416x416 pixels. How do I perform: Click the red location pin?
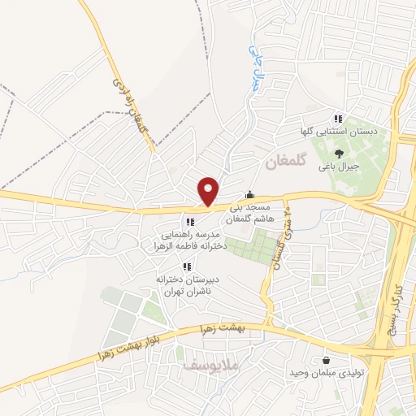pyautogui.click(x=209, y=190)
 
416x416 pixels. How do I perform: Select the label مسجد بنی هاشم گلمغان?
pyautogui.click(x=258, y=213)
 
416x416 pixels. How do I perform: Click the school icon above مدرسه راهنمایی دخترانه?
pyautogui.click(x=190, y=222)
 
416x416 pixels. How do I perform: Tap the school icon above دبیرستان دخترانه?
pyautogui.click(x=186, y=266)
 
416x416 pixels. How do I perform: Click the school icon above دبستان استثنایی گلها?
pyautogui.click(x=338, y=119)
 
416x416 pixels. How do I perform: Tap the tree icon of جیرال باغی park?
pyautogui.click(x=339, y=153)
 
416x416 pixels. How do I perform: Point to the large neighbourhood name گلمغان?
pyautogui.click(x=284, y=163)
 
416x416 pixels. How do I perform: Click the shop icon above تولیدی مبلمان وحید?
pyautogui.click(x=326, y=360)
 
